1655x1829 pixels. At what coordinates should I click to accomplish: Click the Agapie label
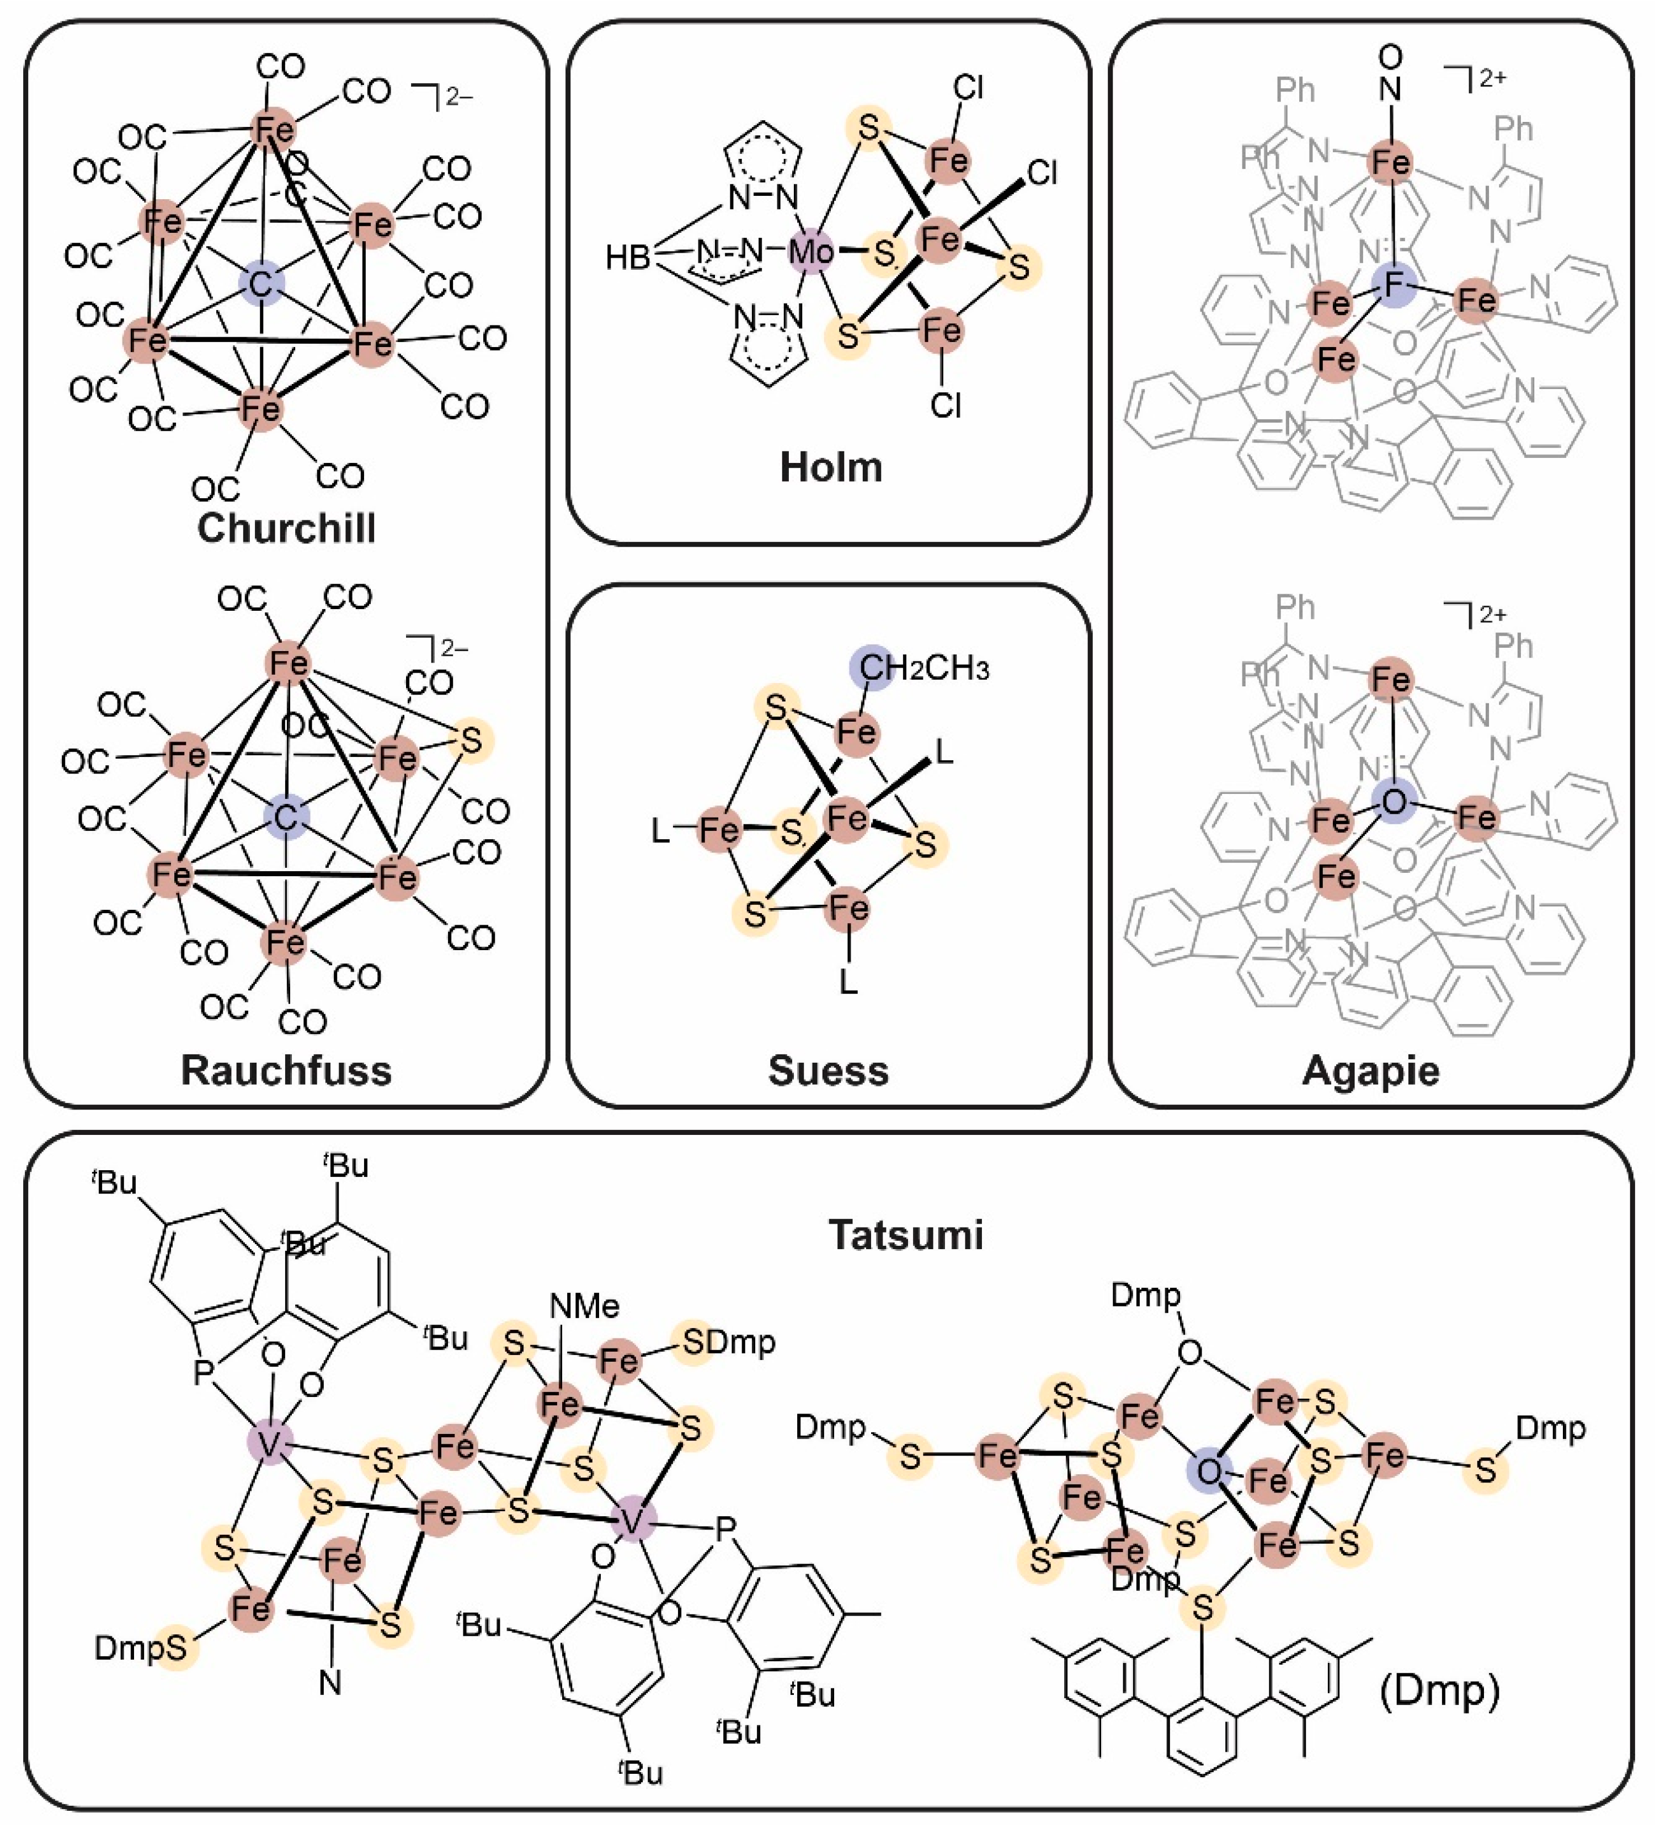coord(1370,1070)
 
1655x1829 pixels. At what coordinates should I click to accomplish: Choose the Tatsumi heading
coord(905,1235)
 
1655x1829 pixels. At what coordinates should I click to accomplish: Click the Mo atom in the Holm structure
coord(810,251)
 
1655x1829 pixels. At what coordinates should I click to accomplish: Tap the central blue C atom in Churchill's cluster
coord(261,284)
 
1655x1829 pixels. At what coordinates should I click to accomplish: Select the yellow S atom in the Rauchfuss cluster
coord(471,740)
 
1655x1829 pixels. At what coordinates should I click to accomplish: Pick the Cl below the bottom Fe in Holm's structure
coord(944,404)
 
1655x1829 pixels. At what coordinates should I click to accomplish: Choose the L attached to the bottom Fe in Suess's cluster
coord(848,982)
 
